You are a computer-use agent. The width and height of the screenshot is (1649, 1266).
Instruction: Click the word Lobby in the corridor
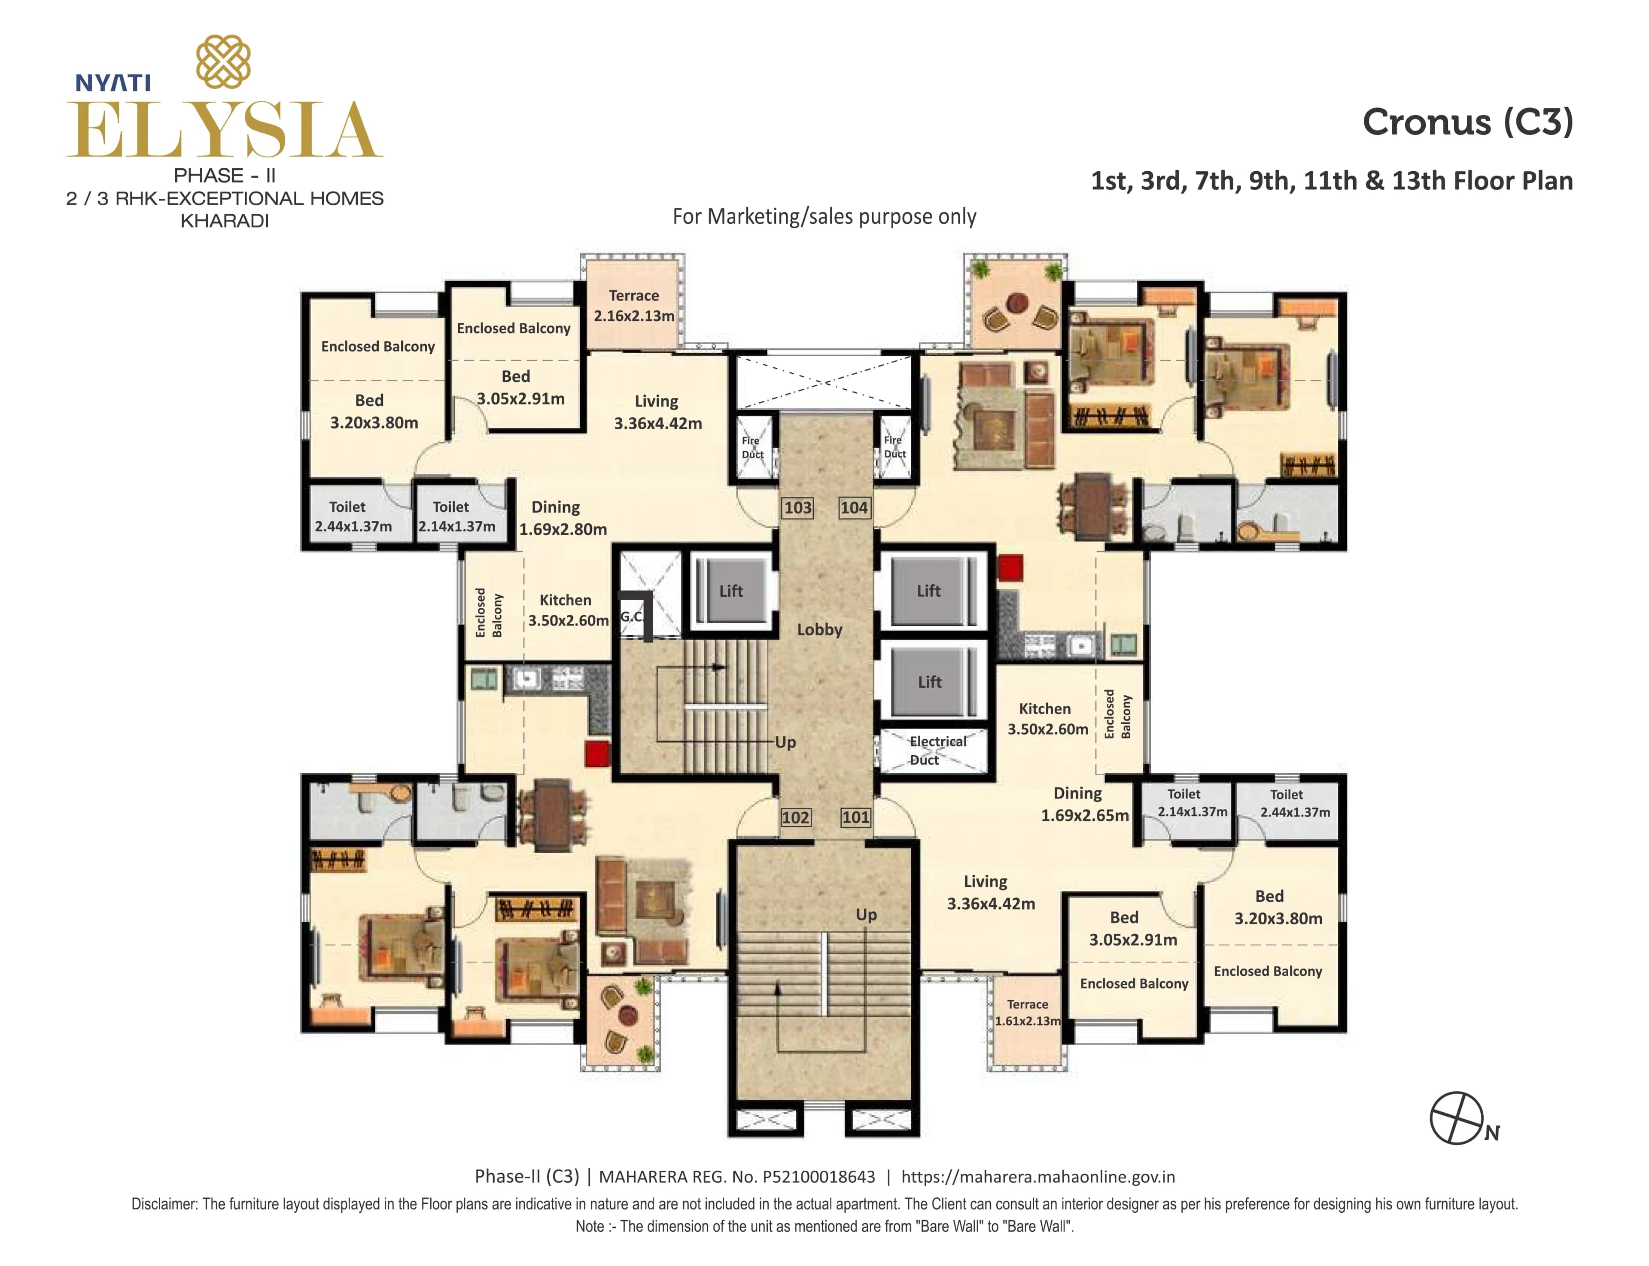click(819, 629)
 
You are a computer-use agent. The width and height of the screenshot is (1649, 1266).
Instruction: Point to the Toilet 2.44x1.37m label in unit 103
click(352, 516)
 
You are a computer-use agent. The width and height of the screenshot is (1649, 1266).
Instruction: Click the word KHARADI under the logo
click(225, 221)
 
